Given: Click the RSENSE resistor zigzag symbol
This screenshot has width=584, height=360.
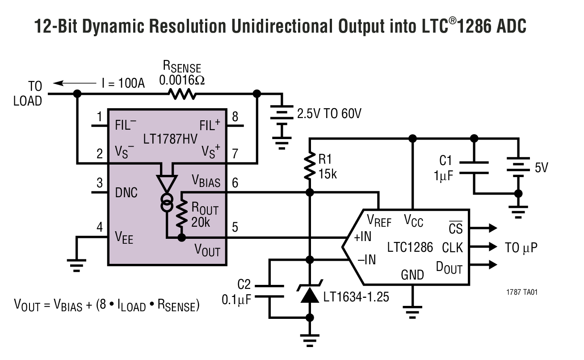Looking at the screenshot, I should (182, 94).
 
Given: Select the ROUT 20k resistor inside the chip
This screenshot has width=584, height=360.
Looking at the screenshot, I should (182, 213).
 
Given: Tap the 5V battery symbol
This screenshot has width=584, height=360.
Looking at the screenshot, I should (518, 167).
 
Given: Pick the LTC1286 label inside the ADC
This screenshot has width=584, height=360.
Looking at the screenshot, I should (410, 247).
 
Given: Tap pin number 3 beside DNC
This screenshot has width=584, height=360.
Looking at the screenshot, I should (99, 183).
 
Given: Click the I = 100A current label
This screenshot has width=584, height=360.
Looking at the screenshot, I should (122, 83).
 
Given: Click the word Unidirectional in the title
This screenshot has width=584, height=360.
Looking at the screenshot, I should (278, 26).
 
